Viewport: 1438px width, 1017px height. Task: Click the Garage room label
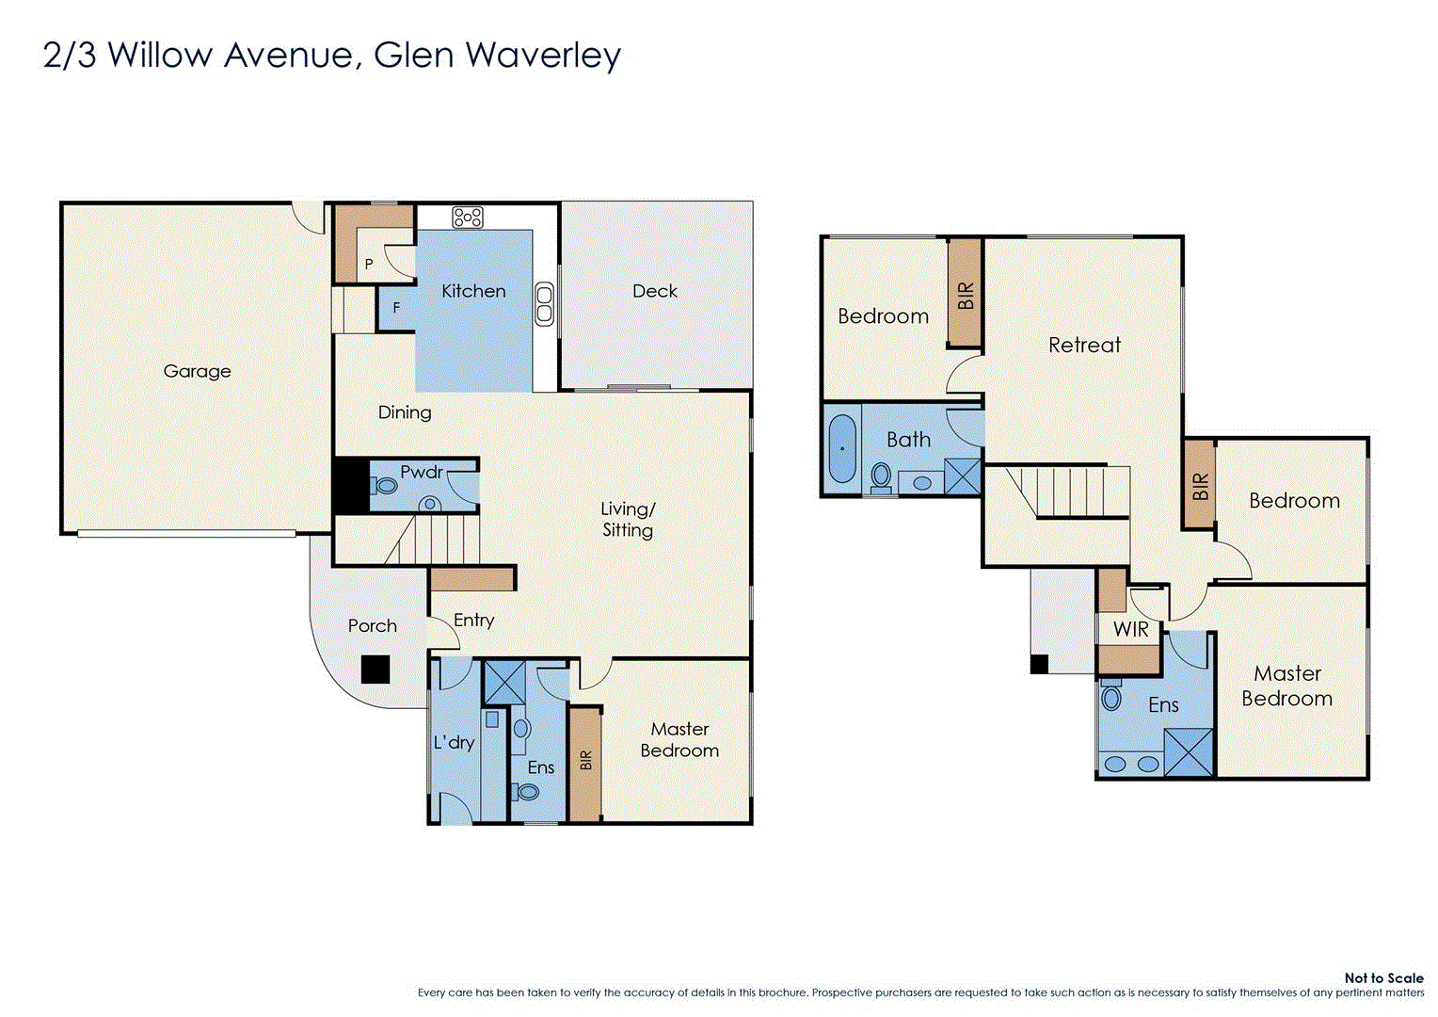(x=197, y=371)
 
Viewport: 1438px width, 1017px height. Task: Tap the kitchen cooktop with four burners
(x=468, y=218)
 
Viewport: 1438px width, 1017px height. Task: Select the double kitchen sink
(x=544, y=303)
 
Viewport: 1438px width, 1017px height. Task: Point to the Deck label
(x=655, y=291)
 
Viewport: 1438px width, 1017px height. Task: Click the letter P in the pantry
(x=369, y=265)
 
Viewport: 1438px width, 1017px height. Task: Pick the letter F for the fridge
(x=396, y=308)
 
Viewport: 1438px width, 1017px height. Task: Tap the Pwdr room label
(x=421, y=472)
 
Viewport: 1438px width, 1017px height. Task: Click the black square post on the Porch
(x=375, y=670)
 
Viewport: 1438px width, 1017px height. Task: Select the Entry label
(x=473, y=620)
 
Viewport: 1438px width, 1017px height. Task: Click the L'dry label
(x=454, y=742)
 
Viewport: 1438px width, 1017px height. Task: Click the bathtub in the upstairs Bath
(x=842, y=448)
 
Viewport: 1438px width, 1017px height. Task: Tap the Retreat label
(x=1084, y=345)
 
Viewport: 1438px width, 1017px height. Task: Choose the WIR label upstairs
(x=1130, y=629)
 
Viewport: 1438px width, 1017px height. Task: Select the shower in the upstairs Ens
(x=1190, y=751)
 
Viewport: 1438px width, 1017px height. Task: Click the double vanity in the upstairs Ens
(x=1131, y=764)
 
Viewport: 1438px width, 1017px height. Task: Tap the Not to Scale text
(x=1383, y=978)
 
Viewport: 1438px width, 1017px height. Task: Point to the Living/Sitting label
(x=628, y=519)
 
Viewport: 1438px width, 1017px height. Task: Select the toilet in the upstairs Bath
(x=881, y=476)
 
